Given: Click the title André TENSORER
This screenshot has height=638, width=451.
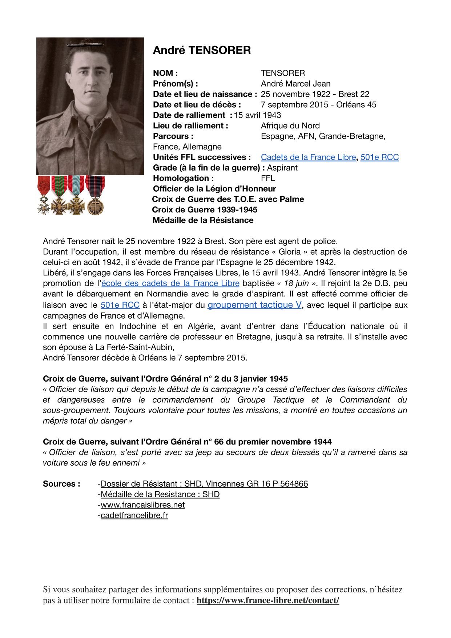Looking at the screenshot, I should [x=202, y=50].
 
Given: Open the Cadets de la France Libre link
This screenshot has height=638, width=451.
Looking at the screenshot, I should [x=308, y=157].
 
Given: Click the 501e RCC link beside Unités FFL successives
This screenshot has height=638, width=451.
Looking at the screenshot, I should [x=379, y=157].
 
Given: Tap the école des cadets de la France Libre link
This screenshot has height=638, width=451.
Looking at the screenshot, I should [x=170, y=283].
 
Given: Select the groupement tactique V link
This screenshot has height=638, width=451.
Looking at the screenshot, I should [x=254, y=305].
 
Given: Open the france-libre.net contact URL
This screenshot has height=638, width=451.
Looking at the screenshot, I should [x=268, y=600].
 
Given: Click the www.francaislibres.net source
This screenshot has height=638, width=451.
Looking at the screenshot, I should [x=142, y=505].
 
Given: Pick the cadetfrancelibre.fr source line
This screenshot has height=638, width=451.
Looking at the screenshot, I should [x=134, y=515].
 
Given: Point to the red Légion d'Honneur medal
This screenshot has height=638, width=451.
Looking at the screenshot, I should [x=44, y=195].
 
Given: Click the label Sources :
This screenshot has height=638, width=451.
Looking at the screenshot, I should [x=61, y=484].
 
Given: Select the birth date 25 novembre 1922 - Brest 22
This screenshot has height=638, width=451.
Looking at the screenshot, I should [x=315, y=94].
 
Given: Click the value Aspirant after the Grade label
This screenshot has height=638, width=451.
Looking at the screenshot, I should [x=282, y=168].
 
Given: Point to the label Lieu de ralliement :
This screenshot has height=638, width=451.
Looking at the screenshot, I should [x=190, y=126].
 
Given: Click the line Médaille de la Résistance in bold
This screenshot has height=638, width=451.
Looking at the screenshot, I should [x=203, y=220].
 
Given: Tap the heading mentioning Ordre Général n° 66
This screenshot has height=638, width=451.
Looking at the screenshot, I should [x=187, y=442].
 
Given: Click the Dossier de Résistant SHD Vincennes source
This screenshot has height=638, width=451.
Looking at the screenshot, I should [x=204, y=484].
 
